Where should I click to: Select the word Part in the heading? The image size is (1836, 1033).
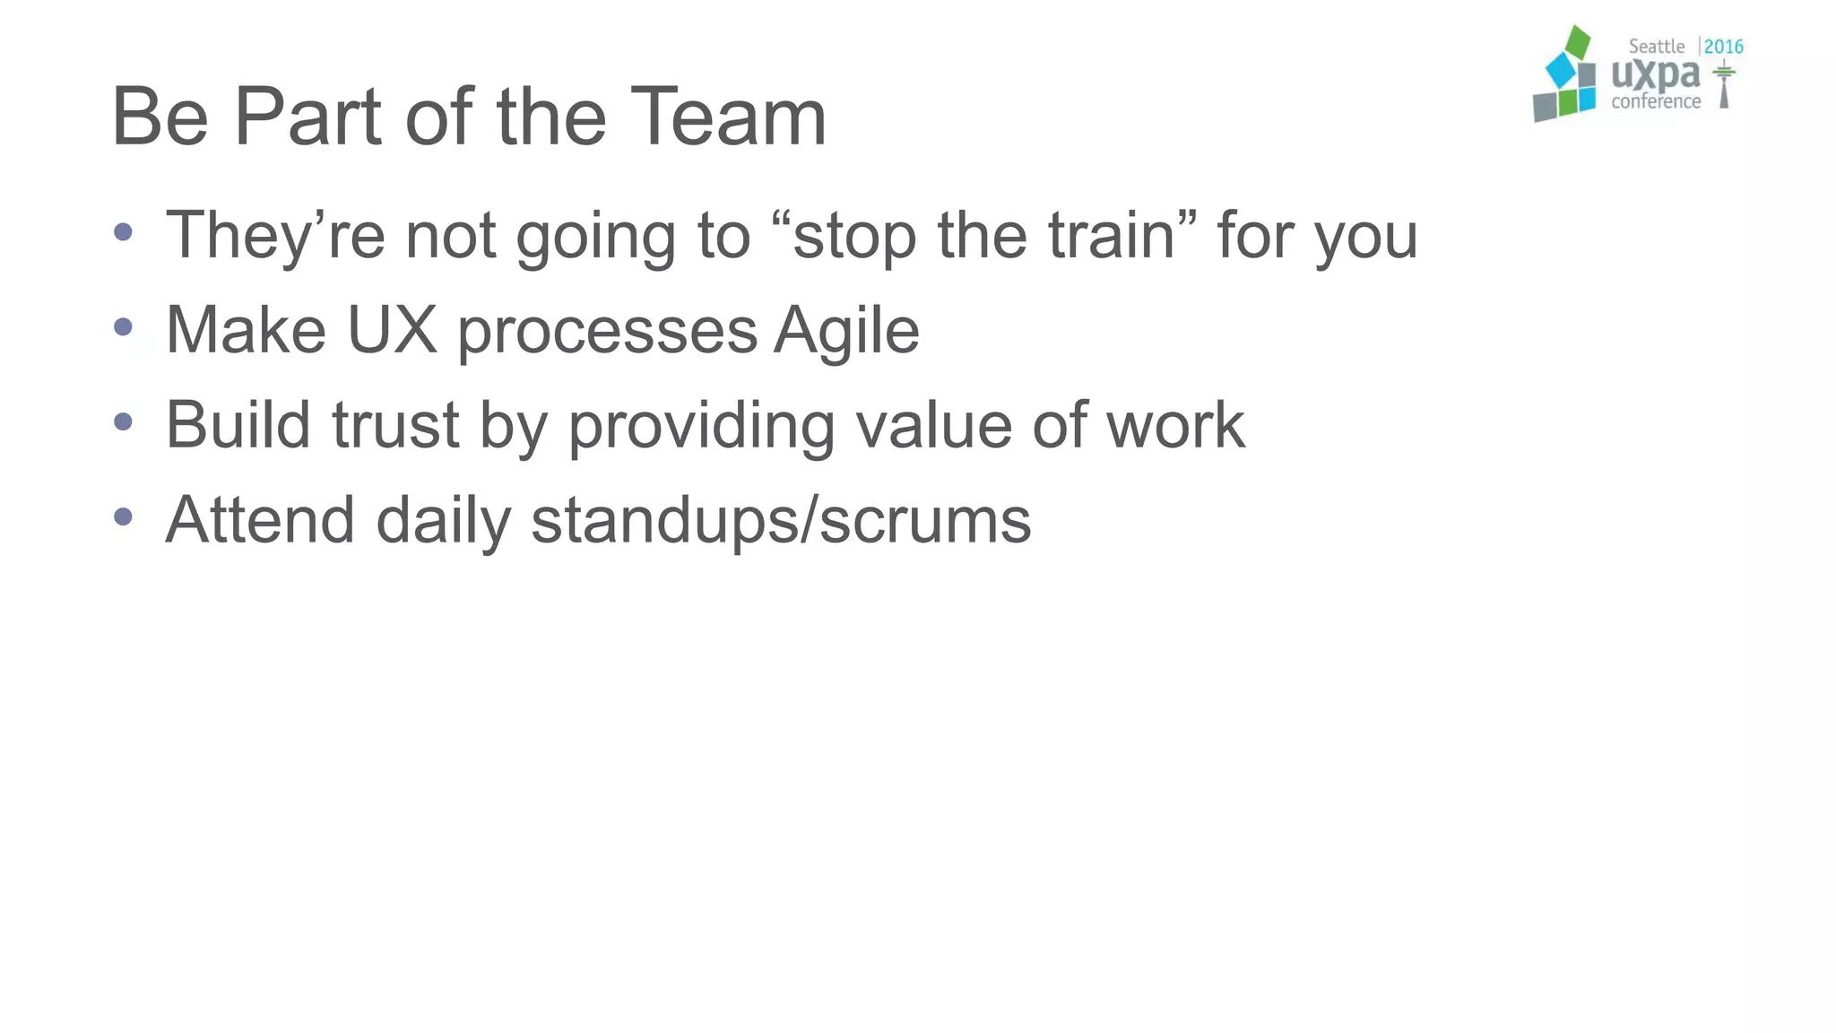[x=307, y=117]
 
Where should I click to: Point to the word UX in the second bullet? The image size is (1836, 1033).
[x=392, y=330]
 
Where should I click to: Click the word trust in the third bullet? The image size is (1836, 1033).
[x=395, y=425]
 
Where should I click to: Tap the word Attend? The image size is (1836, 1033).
[x=260, y=520]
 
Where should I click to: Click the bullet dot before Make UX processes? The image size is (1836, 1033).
[x=124, y=326]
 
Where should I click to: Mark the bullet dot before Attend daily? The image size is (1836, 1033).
[x=124, y=516]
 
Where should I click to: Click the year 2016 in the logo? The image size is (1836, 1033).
[x=1723, y=47]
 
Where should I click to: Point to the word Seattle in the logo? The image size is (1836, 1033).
[x=1656, y=47]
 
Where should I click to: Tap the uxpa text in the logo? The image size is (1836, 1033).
[x=1655, y=75]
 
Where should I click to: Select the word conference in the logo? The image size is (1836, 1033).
[x=1656, y=101]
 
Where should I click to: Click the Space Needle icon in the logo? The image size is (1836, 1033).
[x=1723, y=84]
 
